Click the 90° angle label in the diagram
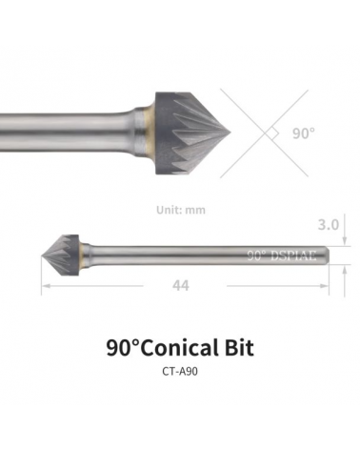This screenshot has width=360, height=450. (x=302, y=133)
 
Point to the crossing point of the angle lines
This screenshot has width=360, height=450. (x=266, y=133)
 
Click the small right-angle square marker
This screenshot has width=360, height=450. (x=274, y=133)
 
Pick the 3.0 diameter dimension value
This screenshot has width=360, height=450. (x=328, y=225)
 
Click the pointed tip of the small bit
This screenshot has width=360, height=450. (x=43, y=255)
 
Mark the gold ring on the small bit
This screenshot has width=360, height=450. (x=84, y=255)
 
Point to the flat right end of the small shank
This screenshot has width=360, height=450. (x=330, y=256)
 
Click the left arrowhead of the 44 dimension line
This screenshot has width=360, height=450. (x=44, y=285)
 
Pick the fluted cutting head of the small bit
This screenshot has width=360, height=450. (x=63, y=255)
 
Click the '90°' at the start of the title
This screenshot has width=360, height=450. (x=121, y=348)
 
